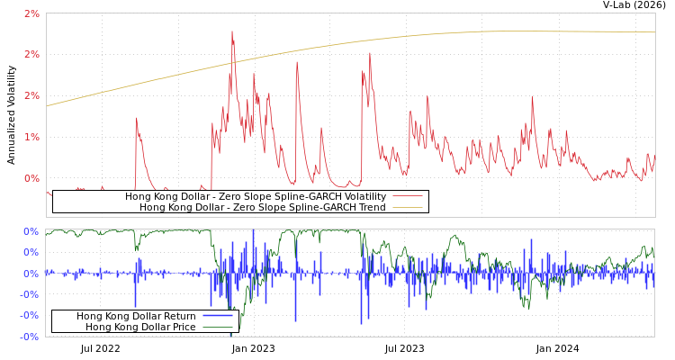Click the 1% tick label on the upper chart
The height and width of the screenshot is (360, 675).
click(31, 136)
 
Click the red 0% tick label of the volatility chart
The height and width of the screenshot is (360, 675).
click(31, 177)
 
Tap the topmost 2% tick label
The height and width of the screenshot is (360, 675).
click(31, 13)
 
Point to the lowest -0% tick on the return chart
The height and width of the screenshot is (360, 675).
click(31, 336)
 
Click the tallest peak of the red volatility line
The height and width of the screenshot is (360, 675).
click(232, 32)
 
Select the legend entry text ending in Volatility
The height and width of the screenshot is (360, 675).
click(255, 196)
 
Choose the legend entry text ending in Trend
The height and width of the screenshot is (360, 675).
click(262, 207)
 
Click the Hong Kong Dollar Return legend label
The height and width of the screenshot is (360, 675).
click(136, 316)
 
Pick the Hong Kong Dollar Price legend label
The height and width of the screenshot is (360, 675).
click(140, 327)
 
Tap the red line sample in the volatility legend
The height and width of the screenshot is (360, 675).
click(407, 196)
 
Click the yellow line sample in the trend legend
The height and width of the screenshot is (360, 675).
click(407, 207)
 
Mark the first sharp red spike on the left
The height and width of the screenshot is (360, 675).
click(136, 119)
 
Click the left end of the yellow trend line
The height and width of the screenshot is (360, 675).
click(47, 106)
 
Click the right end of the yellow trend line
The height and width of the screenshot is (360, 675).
click(653, 32)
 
